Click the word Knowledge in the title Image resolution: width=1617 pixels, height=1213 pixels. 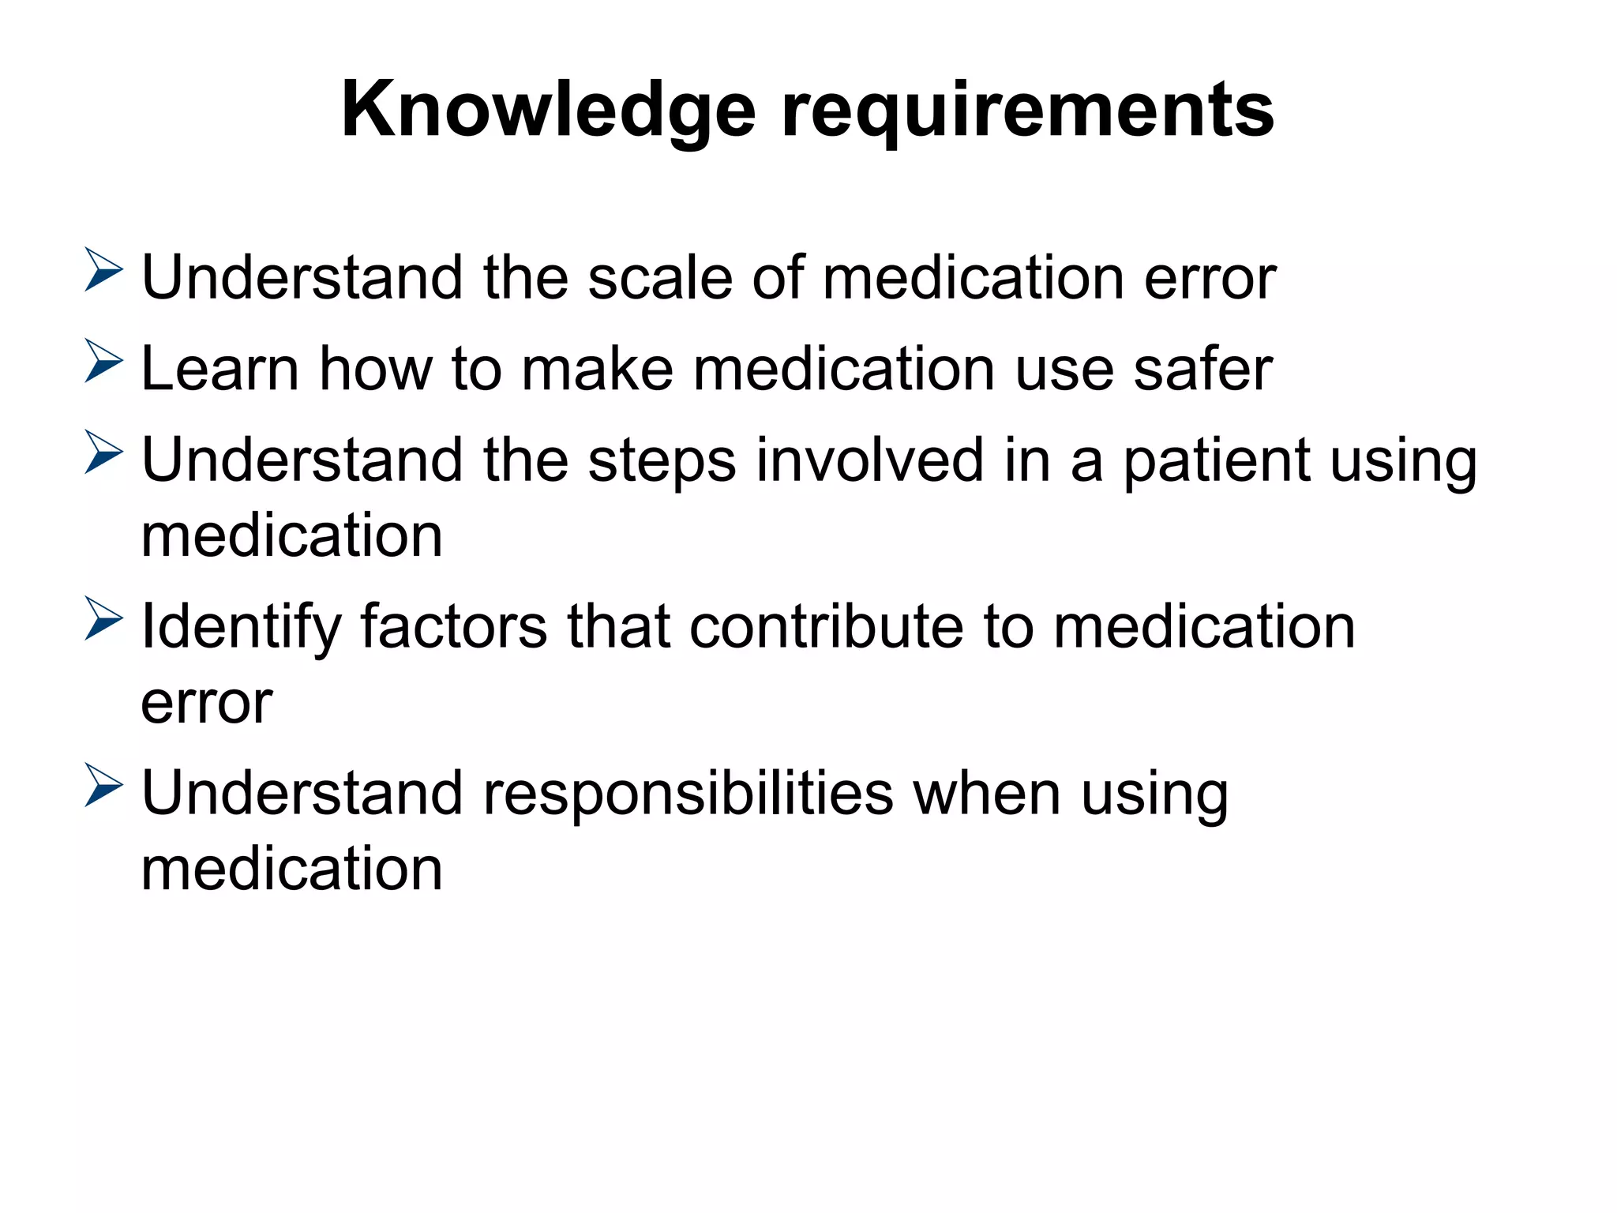pyautogui.click(x=548, y=111)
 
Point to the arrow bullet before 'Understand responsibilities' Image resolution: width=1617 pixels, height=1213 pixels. pyautogui.click(x=103, y=785)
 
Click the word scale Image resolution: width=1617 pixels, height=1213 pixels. pyautogui.click(x=660, y=278)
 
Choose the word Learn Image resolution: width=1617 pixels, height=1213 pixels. pyautogui.click(x=219, y=369)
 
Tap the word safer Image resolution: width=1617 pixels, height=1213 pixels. pyautogui.click(x=1202, y=369)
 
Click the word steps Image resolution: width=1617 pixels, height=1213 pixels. pyautogui.click(x=662, y=461)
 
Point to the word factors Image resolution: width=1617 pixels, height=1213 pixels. pyautogui.click(x=453, y=626)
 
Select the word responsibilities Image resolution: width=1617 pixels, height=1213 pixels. pyautogui.click(x=688, y=794)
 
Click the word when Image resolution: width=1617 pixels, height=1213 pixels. pyautogui.click(x=987, y=793)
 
